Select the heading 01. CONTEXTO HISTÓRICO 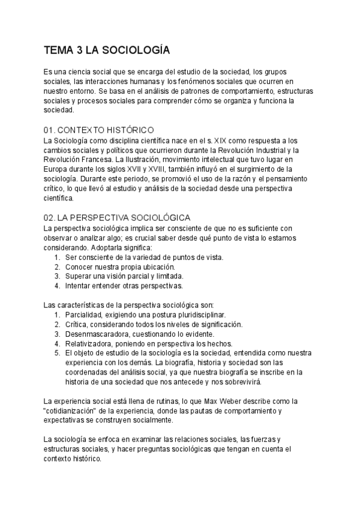pyautogui.click(x=99, y=130)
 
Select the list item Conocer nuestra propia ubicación pyautogui.click(x=120, y=267)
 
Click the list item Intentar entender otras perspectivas pyautogui.click(x=124, y=286)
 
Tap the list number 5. pyautogui.click(x=56, y=353)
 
